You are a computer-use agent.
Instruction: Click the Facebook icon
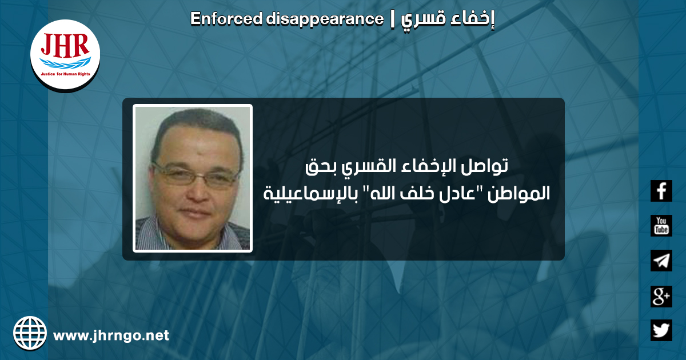pos(661,191)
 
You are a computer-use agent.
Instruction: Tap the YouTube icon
pos(661,226)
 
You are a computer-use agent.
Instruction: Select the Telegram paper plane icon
pos(661,261)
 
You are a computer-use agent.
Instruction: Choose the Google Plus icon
pos(661,297)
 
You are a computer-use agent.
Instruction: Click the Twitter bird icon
pos(661,330)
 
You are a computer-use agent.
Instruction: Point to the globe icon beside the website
pos(30,333)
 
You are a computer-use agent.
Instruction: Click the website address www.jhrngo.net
pos(111,335)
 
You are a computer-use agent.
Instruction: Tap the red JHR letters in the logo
pos(65,45)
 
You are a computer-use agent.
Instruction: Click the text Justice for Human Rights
pos(65,74)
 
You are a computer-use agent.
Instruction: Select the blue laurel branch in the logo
pos(65,63)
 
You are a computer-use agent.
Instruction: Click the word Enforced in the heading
pos(226,19)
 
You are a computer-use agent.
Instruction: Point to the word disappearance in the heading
pos(325,19)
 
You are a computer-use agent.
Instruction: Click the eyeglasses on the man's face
pos(196,175)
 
